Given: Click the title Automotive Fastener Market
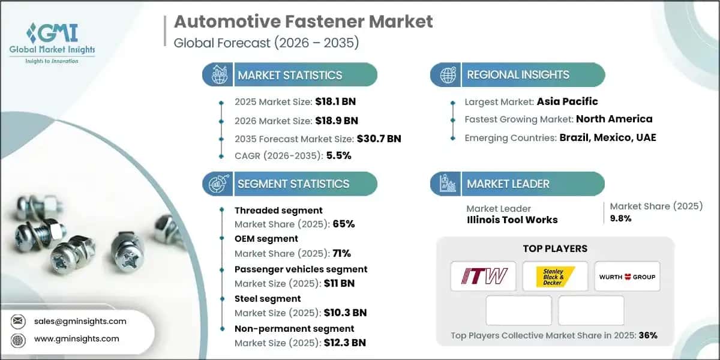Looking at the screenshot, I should [303, 22].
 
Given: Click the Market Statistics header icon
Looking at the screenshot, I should [218, 75].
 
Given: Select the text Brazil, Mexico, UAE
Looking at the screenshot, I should [608, 137].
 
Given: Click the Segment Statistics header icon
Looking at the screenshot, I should [218, 184].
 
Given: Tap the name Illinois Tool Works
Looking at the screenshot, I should [512, 220].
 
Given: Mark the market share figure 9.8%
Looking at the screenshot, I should [620, 218].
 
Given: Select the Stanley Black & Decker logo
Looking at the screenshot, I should [555, 276].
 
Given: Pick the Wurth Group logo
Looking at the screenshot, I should [626, 277].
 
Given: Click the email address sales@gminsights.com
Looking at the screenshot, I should [80, 321].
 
